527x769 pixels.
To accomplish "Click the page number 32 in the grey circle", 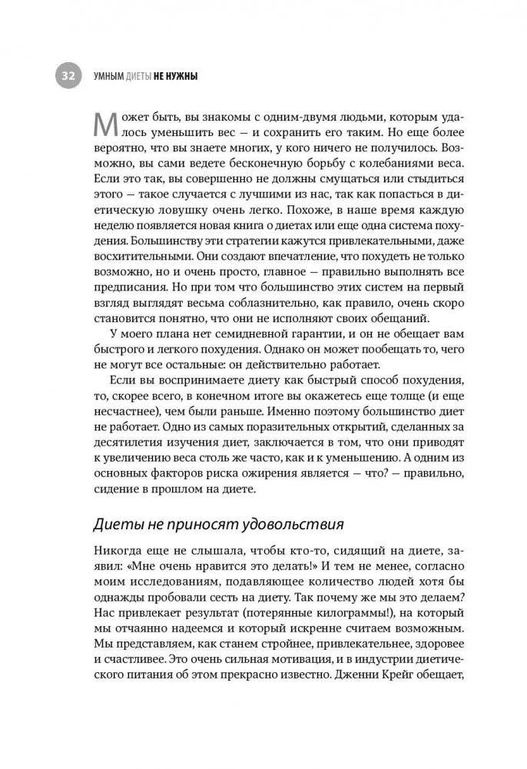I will coord(68,76).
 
